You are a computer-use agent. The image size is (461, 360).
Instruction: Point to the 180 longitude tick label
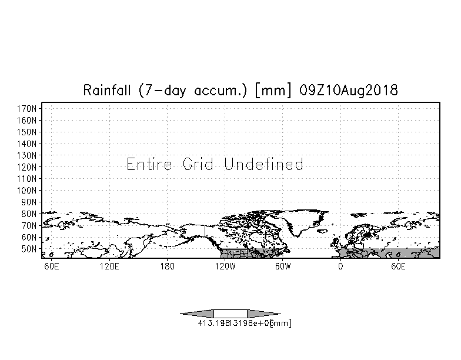[x=168, y=266]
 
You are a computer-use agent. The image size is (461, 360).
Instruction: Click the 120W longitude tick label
[x=225, y=266]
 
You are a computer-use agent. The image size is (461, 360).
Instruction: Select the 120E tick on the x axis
[x=109, y=266]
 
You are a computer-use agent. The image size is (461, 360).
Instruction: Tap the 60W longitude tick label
[x=283, y=266]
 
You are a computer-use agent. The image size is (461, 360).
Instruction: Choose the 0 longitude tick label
[x=340, y=266]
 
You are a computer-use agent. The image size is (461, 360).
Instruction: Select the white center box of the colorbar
[x=230, y=314]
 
